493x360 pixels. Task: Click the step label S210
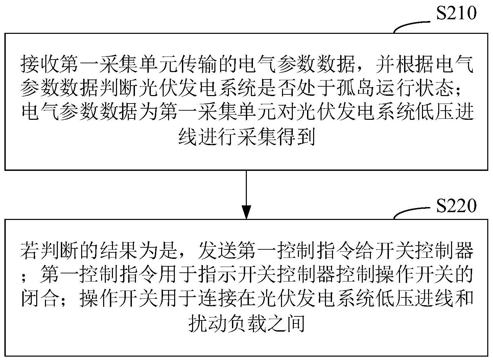click(x=456, y=13)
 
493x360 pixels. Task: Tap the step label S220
click(x=456, y=205)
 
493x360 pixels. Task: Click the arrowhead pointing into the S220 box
click(x=246, y=212)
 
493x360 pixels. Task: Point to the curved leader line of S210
click(x=411, y=25)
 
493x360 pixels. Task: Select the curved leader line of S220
click(x=411, y=211)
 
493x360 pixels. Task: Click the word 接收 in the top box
click(x=40, y=64)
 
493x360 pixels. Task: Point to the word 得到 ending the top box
click(x=295, y=136)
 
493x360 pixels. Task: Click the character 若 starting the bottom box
click(x=30, y=251)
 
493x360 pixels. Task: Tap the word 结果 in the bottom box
click(x=119, y=251)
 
